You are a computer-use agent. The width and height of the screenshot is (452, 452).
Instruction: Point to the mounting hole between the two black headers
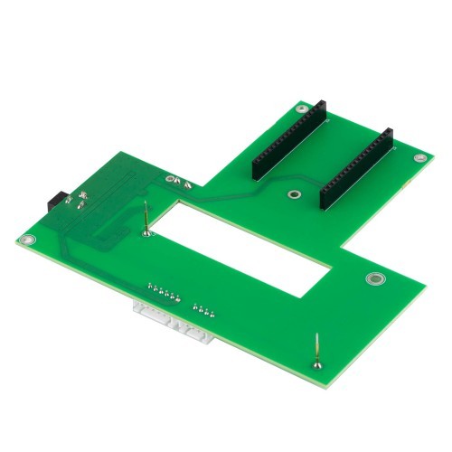293,194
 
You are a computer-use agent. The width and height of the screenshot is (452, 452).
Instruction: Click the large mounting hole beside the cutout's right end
372,279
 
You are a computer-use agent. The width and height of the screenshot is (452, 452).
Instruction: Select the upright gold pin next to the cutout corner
146,220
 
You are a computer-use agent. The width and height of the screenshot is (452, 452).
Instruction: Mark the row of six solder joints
163,293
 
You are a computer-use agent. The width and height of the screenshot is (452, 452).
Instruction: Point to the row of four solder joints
203,313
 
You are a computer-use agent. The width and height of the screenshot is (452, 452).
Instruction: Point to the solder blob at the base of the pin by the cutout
148,233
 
